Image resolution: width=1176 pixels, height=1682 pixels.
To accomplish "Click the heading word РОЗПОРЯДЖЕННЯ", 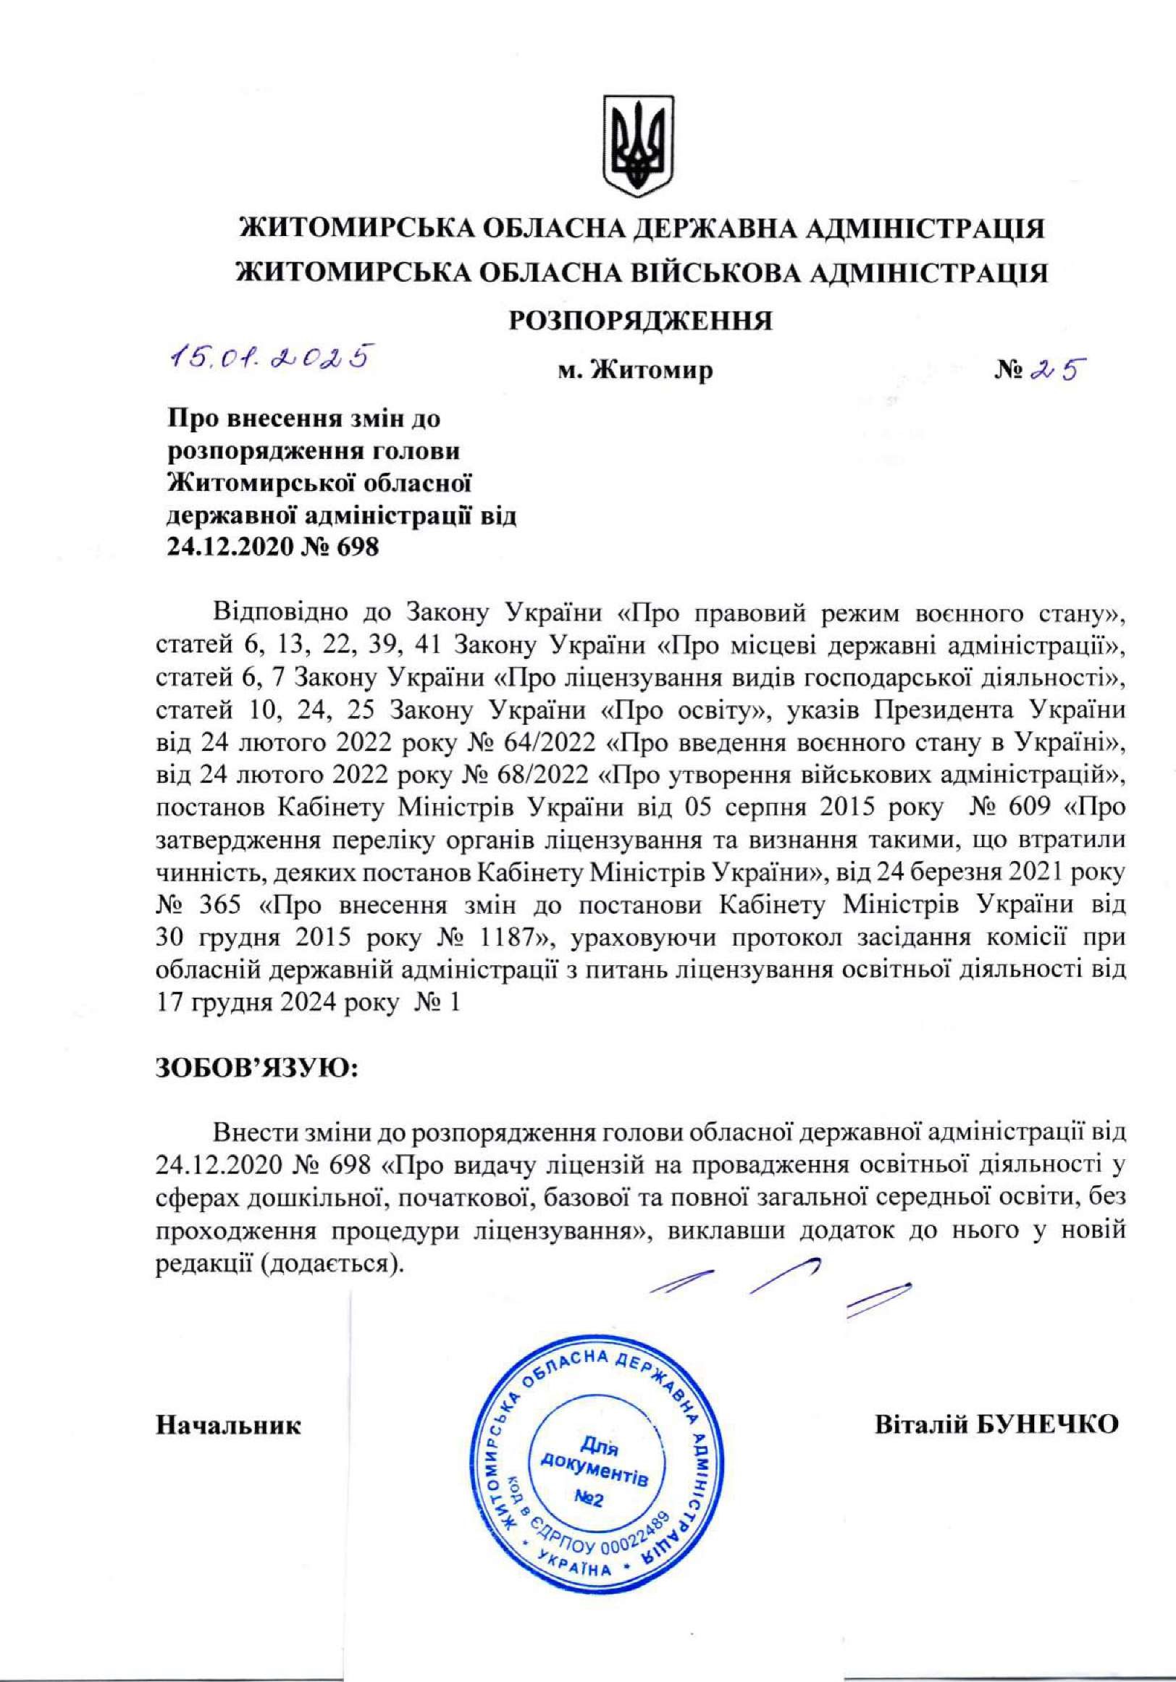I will click(642, 319).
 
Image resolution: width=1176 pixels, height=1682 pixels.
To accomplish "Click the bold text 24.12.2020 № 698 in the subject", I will click(274, 547).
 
